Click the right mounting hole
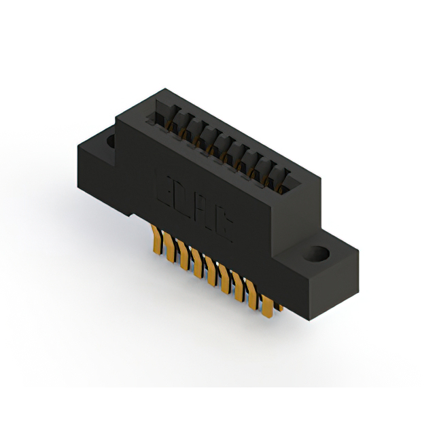point(316,255)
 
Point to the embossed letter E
point(166,186)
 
